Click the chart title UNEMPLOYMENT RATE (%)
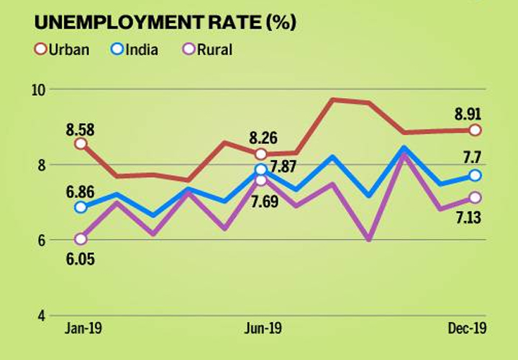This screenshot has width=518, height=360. [x=165, y=22]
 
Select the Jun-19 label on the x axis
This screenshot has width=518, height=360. [x=261, y=330]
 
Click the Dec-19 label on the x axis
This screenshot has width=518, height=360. [x=467, y=330]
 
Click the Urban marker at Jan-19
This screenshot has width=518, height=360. [x=81, y=143]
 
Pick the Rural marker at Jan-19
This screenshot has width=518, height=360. [x=81, y=239]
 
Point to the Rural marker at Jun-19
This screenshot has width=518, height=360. [x=260, y=179]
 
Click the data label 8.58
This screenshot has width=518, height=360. [x=81, y=130]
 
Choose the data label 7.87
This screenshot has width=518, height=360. [x=286, y=170]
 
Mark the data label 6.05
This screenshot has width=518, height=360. [x=81, y=258]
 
